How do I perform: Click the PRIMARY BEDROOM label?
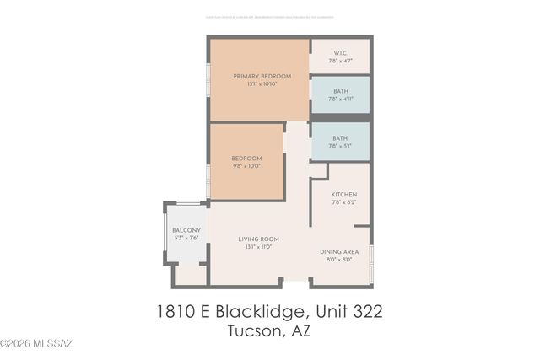pyautogui.click(x=262, y=76)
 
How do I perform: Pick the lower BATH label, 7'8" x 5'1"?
pyautogui.click(x=340, y=138)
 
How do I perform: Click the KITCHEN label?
pyautogui.click(x=343, y=195)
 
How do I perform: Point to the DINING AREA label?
pyautogui.click(x=339, y=252)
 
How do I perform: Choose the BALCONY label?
pyautogui.click(x=186, y=231)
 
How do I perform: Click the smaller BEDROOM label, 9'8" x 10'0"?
pyautogui.click(x=247, y=159)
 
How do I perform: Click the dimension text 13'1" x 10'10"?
pyautogui.click(x=262, y=84)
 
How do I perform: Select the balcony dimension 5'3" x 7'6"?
pyautogui.click(x=186, y=239)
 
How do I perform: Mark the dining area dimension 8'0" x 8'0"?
pyautogui.click(x=339, y=260)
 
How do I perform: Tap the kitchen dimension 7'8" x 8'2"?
pyautogui.click(x=343, y=202)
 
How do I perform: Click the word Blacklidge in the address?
pyautogui.click(x=258, y=312)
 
